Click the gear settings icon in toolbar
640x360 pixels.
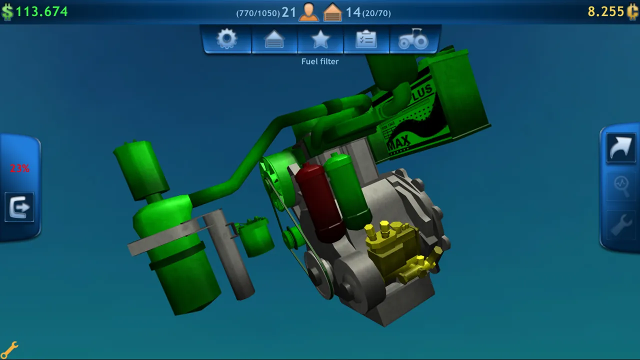click(227, 39)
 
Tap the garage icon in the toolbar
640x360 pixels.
click(274, 39)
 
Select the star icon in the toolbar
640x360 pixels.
click(320, 39)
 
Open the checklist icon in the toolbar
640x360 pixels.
click(366, 39)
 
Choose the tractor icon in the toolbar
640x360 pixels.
click(413, 39)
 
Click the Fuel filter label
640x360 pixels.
click(320, 61)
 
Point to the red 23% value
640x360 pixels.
click(19, 168)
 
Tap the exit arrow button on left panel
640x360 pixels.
click(19, 207)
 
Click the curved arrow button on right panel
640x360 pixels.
click(621, 148)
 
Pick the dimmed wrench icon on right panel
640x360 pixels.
click(621, 225)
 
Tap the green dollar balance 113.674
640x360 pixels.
click(41, 11)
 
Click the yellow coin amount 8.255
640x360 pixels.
click(605, 11)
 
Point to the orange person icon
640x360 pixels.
click(308, 12)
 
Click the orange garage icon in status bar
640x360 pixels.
click(332, 12)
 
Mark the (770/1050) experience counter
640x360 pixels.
click(258, 13)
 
